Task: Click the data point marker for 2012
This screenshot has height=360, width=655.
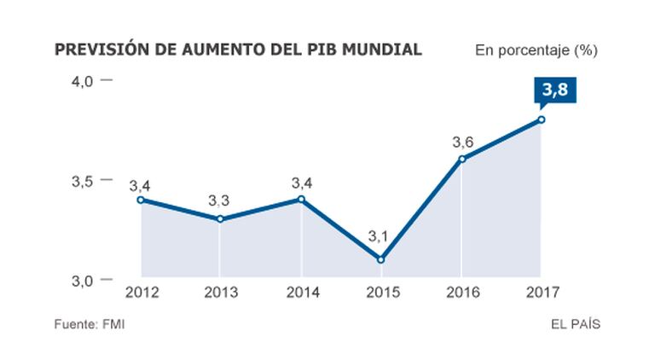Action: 141,200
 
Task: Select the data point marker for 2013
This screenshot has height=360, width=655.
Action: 220,219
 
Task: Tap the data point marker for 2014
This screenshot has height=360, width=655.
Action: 301,200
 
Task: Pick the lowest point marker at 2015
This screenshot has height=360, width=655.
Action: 380,259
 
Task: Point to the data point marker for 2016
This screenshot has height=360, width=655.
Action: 461,159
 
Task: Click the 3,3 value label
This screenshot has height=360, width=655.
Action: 219,201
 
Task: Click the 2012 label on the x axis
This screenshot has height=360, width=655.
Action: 141,293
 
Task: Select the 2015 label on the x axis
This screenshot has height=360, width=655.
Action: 381,293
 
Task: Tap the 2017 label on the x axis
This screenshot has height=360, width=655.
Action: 542,293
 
